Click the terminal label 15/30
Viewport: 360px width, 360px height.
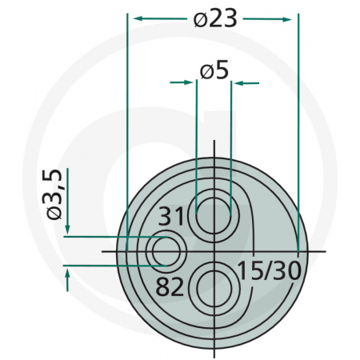(269, 270)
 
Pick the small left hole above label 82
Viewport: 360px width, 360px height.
(166, 250)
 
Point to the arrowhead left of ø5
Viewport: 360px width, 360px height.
(190, 82)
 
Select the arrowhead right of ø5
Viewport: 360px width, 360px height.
(238, 82)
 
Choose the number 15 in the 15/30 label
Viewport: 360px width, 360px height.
(250, 270)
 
